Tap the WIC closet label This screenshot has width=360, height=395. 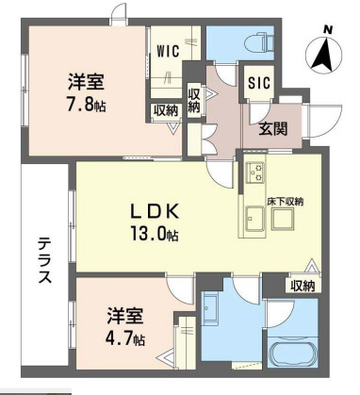pyautogui.click(x=169, y=51)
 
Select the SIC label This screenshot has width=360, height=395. pyautogui.click(x=259, y=82)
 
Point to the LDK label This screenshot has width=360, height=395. pyautogui.click(x=150, y=208)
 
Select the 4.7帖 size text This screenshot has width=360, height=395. pyautogui.click(x=123, y=337)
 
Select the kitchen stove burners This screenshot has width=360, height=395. pyautogui.click(x=254, y=175)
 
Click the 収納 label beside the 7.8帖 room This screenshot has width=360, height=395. pyautogui.click(x=166, y=110)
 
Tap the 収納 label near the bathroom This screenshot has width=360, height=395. pyautogui.click(x=303, y=286)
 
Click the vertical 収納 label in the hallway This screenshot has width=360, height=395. pyautogui.click(x=194, y=100)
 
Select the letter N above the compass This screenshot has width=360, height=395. pyautogui.click(x=328, y=28)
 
